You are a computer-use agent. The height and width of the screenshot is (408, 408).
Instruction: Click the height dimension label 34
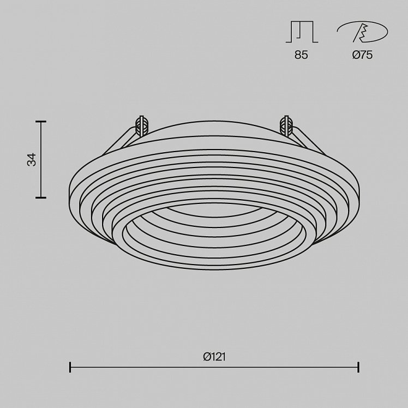tap(32, 160)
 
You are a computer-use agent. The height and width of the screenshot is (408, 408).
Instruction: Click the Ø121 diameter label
tap(214, 357)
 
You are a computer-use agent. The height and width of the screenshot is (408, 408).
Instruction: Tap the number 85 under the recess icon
tap(301, 55)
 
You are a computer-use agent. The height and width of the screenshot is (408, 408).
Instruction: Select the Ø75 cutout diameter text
tap(362, 55)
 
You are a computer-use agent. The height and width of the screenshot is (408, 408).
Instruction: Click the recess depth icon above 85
tap(302, 32)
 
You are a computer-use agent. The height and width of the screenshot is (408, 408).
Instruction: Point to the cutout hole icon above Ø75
tap(362, 32)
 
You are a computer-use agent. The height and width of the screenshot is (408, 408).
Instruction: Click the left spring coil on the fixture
tap(142, 126)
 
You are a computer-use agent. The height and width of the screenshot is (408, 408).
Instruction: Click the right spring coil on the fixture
tap(286, 126)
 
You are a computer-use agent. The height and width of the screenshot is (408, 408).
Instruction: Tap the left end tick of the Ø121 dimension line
tap(70, 367)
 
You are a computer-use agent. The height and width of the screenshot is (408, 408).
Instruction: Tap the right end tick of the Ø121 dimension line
tap(358, 367)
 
